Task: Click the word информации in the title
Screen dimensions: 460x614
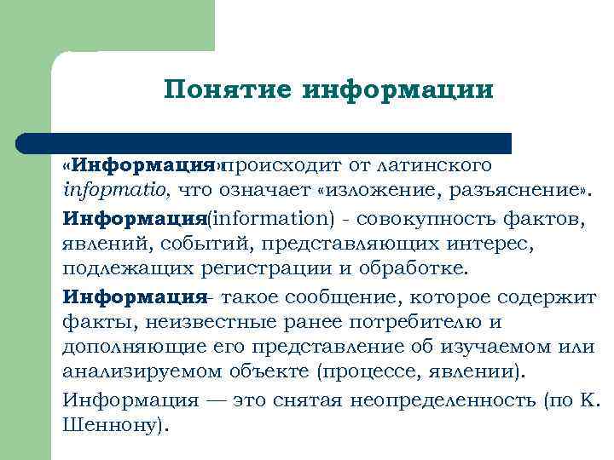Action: click(398, 89)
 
